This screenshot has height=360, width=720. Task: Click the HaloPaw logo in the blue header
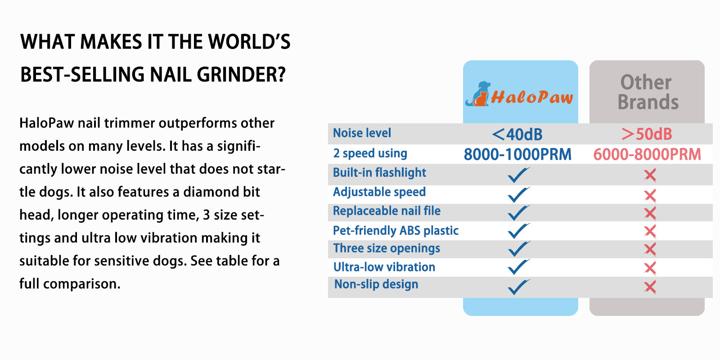click(x=519, y=94)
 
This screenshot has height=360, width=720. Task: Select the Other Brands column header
click(x=648, y=92)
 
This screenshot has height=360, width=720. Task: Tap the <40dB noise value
click(x=517, y=135)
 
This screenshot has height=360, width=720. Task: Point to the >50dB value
click(x=646, y=134)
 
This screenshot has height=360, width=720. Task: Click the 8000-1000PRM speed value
click(x=517, y=154)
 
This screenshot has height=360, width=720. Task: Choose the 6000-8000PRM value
click(x=647, y=154)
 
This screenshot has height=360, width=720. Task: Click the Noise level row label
click(x=362, y=133)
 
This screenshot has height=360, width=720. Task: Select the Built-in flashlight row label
click(x=379, y=173)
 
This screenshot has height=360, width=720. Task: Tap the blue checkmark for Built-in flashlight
click(x=518, y=175)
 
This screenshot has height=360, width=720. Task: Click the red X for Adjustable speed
click(x=650, y=196)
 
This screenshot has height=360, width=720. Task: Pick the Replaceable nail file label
click(x=387, y=211)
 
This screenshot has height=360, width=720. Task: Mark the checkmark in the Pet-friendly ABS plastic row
click(x=518, y=230)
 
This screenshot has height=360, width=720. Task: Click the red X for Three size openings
click(x=650, y=249)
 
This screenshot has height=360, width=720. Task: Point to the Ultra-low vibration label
click(x=384, y=267)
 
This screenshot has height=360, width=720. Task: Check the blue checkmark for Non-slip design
click(x=518, y=287)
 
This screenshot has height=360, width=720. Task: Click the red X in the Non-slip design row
click(x=650, y=287)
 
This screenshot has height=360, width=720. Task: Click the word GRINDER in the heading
click(x=241, y=75)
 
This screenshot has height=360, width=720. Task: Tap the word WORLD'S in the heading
click(x=249, y=42)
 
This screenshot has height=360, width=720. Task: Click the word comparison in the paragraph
click(x=81, y=284)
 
